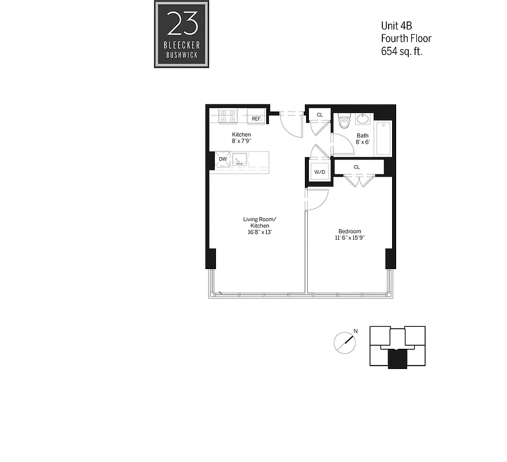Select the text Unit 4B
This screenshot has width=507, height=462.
tap(396, 25)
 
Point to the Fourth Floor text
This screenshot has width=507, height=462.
tap(406, 38)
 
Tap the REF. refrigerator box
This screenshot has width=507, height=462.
tap(256, 119)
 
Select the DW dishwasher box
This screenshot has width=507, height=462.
tap(222, 159)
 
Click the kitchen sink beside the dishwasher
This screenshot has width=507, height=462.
tap(241, 159)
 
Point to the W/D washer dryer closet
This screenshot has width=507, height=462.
tap(319, 172)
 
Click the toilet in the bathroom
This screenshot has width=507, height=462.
tap(345, 123)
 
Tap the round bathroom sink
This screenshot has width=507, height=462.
tap(364, 119)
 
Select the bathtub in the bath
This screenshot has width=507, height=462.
tap(383, 139)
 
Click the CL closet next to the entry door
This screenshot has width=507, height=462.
tap(319, 115)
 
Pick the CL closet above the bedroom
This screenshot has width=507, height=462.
tap(358, 167)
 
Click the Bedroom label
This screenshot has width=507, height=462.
tap(349, 231)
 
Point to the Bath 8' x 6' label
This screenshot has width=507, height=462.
tap(362, 139)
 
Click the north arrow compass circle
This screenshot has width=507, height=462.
tap(345, 342)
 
